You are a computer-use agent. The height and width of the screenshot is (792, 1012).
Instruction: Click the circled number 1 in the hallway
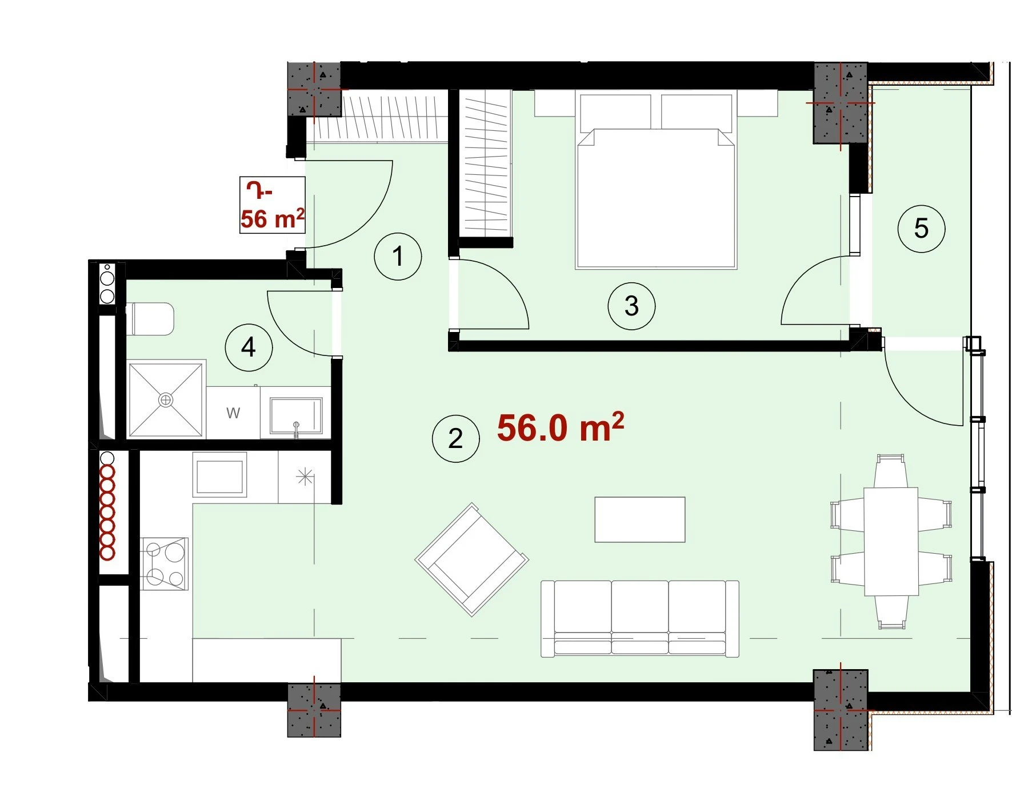(398, 256)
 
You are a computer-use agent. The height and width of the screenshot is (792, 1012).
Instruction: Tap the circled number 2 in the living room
(455, 438)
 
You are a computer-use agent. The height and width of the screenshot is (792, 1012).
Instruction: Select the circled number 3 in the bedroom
(631, 306)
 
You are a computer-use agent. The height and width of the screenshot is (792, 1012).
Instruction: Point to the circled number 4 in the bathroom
(249, 347)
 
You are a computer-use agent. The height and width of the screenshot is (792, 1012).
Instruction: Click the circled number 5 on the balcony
(921, 229)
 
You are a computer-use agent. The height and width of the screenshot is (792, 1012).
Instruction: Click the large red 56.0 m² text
(561, 427)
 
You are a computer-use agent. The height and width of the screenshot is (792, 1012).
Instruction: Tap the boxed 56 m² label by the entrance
(272, 205)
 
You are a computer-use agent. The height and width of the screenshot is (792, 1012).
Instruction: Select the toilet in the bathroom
(150, 319)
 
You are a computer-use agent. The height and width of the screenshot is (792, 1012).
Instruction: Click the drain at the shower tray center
(166, 400)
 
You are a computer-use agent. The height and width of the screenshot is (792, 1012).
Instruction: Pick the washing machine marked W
(233, 413)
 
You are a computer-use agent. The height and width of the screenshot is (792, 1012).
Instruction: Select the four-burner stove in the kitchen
(164, 563)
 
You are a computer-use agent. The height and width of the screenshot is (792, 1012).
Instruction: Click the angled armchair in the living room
(472, 559)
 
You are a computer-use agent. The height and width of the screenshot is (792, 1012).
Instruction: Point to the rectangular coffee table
(640, 519)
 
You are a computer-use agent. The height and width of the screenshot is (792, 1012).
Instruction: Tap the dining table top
(891, 541)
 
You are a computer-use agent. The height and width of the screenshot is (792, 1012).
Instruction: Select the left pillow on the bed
(615, 112)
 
